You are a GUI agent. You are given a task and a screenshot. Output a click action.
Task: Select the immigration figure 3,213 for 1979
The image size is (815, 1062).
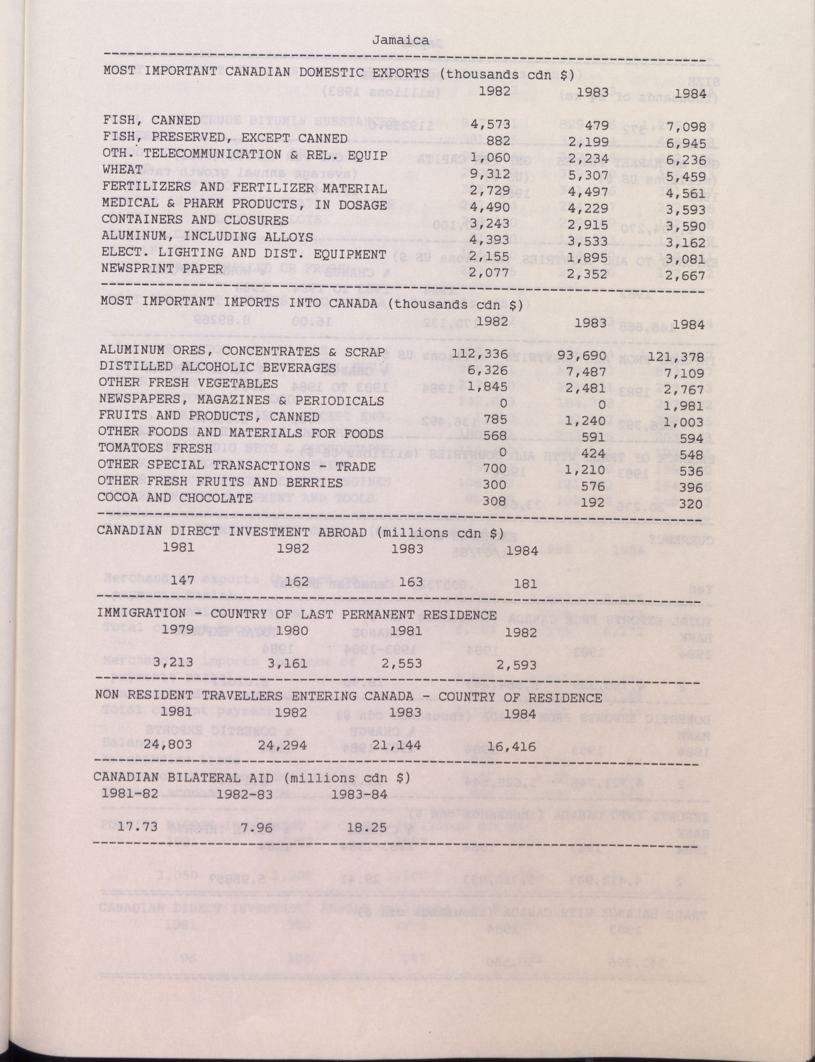pos(173,662)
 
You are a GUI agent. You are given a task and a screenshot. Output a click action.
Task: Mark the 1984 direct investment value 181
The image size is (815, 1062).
pos(525,585)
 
